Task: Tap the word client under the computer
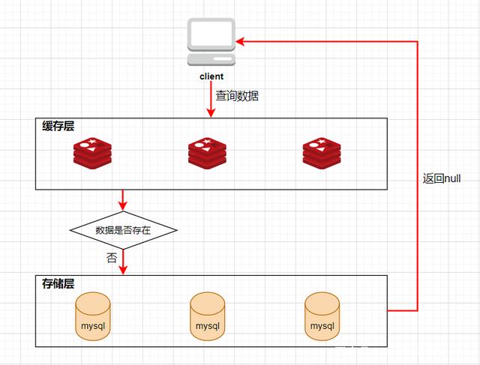211,76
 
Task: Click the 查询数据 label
237,96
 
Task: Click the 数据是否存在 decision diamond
123,230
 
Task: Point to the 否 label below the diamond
112,257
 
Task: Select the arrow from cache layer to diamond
123,200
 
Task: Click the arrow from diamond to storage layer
123,262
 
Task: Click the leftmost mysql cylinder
93,316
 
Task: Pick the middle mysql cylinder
208,316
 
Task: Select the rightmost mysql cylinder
322,316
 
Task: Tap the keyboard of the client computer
211,58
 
